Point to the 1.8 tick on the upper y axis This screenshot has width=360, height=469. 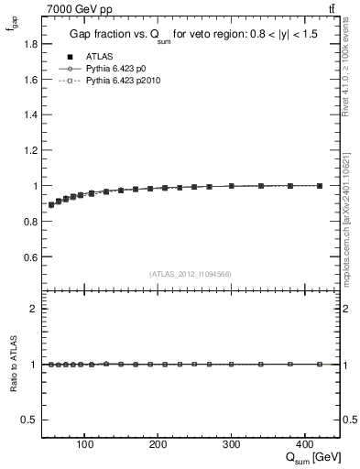[x=30, y=44]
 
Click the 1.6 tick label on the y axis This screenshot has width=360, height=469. [x=30, y=80]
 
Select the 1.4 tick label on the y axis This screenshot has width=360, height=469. [x=30, y=115]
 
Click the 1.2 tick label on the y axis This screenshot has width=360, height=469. [x=30, y=150]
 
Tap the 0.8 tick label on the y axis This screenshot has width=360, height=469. [x=30, y=221]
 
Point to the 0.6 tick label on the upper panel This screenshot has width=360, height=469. [x=30, y=256]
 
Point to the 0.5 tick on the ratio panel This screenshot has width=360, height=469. [x=30, y=420]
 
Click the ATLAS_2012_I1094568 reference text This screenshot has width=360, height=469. [x=191, y=274]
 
